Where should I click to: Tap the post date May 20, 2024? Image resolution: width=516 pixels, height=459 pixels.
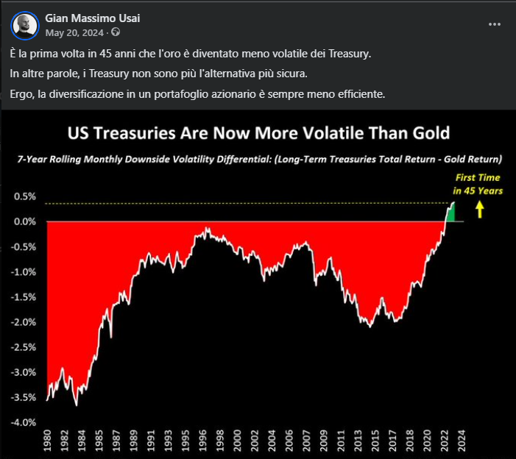tap(75, 32)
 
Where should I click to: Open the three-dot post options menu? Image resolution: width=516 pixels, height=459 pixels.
tap(495, 24)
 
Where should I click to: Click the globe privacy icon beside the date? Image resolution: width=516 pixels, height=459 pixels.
tap(115, 32)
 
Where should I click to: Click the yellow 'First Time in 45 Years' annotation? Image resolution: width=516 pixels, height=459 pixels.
tap(478, 185)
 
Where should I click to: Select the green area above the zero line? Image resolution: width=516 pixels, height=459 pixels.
tap(450, 213)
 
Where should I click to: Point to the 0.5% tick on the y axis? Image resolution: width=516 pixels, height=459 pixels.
tap(24, 196)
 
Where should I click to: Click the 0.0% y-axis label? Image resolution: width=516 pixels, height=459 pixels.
tap(24, 221)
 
